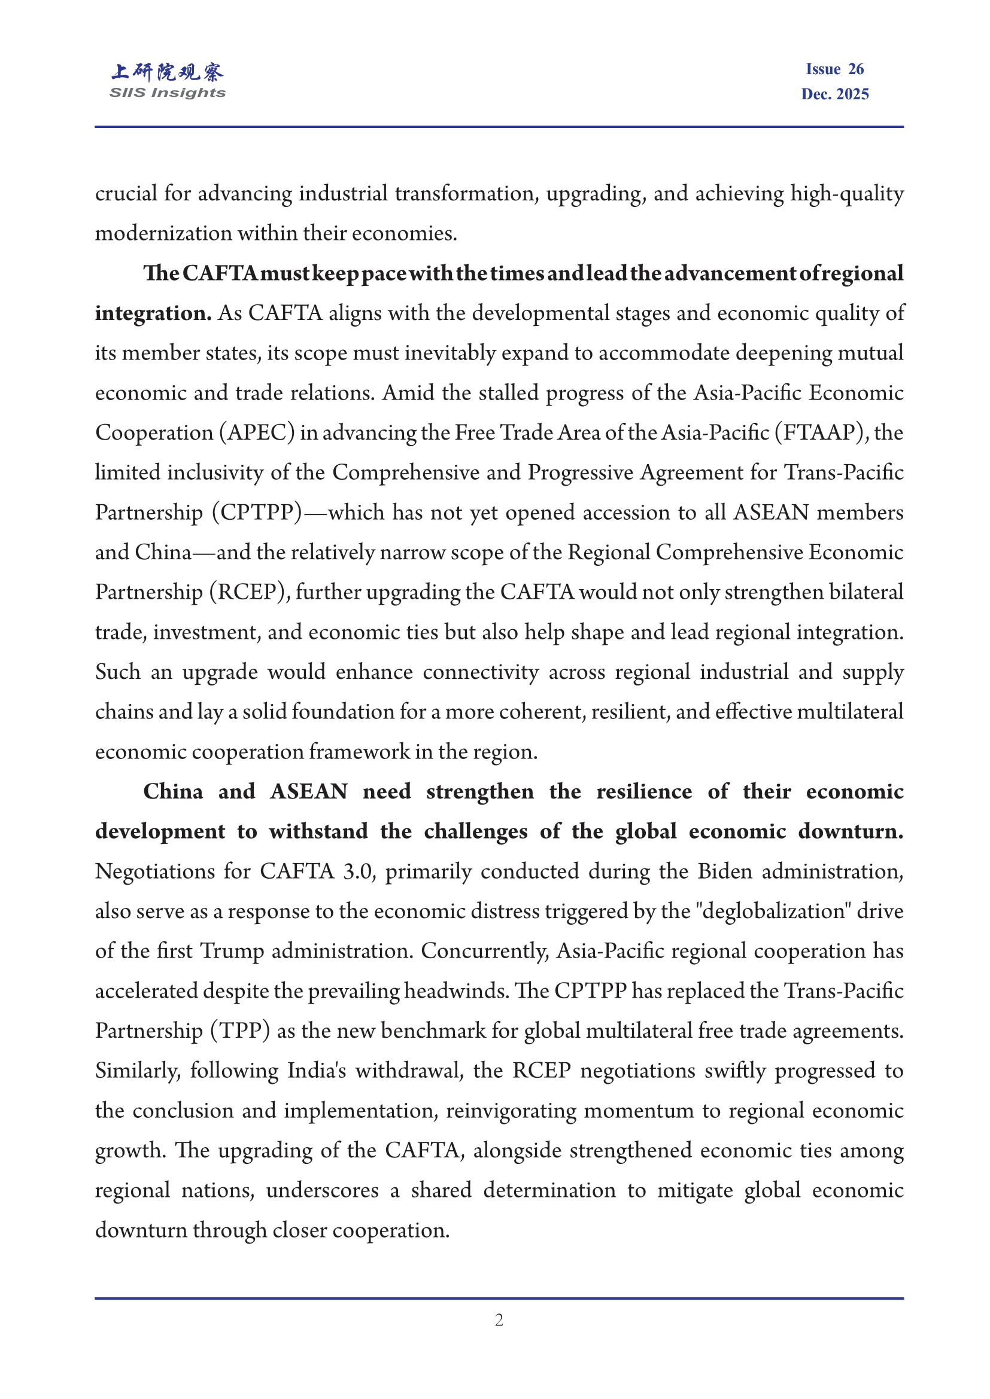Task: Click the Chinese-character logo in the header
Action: [167, 72]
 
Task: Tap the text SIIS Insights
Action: [167, 93]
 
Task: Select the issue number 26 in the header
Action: [855, 69]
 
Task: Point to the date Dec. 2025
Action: [834, 94]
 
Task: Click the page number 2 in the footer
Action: [499, 1321]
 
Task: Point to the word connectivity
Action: [481, 672]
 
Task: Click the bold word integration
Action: [153, 313]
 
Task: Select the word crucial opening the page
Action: [126, 194]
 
